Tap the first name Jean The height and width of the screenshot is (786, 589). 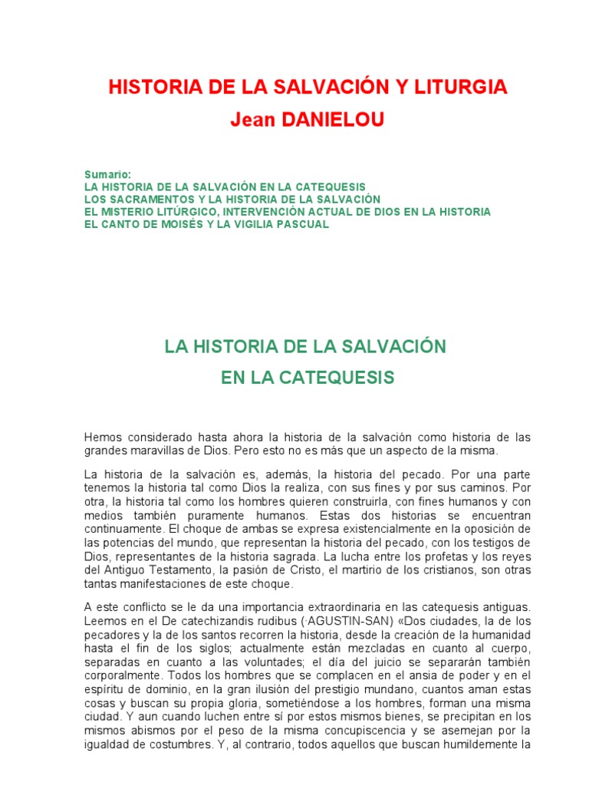251,121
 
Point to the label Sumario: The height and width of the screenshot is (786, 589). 108,175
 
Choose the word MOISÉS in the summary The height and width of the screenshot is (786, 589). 183,224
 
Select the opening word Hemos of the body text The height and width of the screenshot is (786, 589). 101,437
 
